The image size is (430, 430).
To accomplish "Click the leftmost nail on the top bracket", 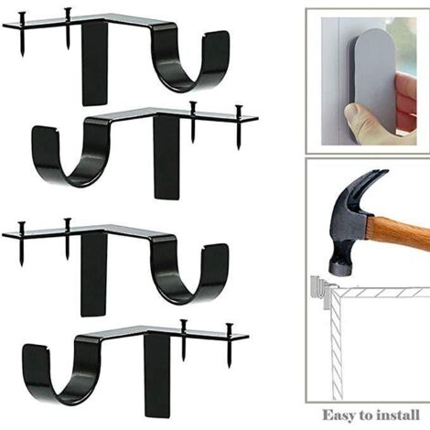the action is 22,34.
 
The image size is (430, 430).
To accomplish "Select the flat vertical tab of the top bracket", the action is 94,62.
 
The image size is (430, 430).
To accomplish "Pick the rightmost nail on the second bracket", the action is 239,127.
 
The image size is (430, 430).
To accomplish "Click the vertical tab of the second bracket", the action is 167,157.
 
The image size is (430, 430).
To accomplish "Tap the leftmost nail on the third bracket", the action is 22,243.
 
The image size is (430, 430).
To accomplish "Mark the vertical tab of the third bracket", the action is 93,274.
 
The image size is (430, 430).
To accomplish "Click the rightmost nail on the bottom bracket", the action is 230,345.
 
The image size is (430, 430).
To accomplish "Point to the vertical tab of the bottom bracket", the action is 157,375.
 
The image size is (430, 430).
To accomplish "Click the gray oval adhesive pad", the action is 376,82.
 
